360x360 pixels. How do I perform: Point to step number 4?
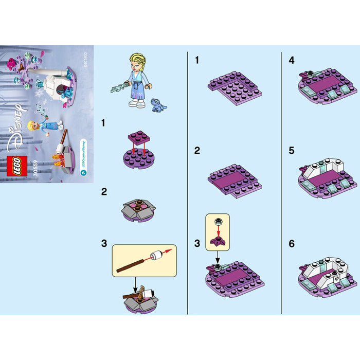pos(292,60)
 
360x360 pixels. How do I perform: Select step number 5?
pos(292,152)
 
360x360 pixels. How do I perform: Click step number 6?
pos(292,243)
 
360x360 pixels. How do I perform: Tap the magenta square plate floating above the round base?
pos(138,136)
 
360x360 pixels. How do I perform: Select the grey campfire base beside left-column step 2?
pos(138,207)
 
